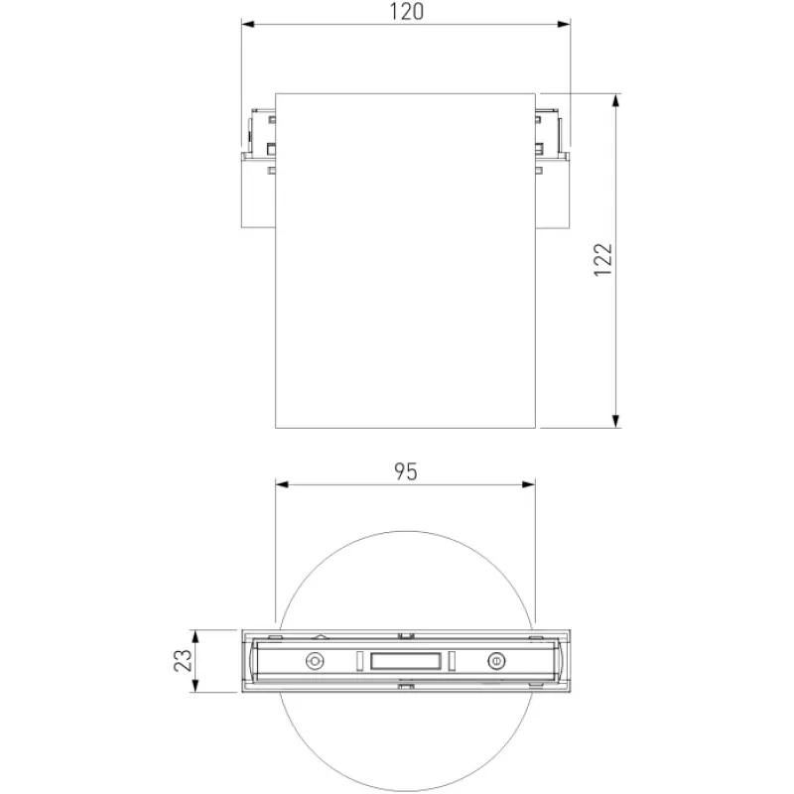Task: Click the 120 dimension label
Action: click(x=406, y=12)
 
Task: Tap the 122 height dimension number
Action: click(x=603, y=260)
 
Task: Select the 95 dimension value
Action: click(x=406, y=471)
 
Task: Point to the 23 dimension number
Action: click(x=183, y=660)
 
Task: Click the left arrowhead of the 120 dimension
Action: click(x=247, y=24)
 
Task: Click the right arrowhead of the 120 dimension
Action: click(x=564, y=24)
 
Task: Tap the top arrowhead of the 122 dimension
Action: click(x=615, y=100)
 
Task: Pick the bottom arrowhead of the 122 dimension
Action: click(x=615, y=421)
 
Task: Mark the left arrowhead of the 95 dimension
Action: click(x=282, y=484)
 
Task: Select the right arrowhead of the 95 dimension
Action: click(x=529, y=484)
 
